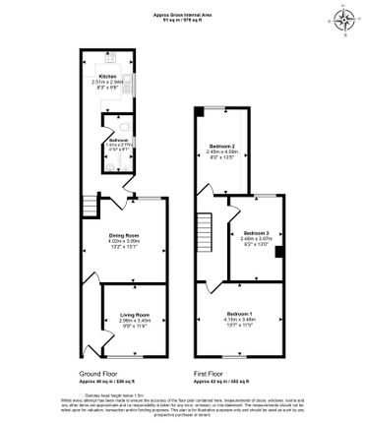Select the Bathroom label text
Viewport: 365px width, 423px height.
pyautogui.click(x=119, y=140)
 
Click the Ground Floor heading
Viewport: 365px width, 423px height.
pyautogui.click(x=99, y=375)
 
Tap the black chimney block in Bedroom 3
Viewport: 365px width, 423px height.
pyautogui.click(x=279, y=252)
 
